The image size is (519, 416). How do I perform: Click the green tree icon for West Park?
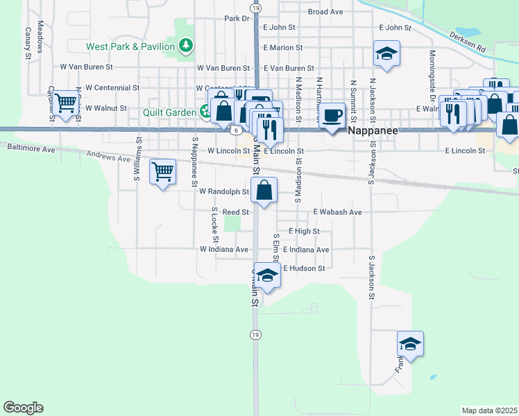(x=185, y=46)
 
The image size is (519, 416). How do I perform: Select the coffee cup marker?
(x=333, y=115)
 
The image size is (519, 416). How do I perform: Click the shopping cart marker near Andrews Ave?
(x=162, y=171)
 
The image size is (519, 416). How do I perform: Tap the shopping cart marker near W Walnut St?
(x=66, y=103)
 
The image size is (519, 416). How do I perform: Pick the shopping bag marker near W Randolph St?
(x=264, y=189)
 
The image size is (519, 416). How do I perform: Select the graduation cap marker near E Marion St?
(x=387, y=53)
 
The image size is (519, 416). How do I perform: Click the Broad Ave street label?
(x=325, y=12)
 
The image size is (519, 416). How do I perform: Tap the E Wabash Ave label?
(x=337, y=211)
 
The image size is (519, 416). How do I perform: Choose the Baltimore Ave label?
(x=31, y=148)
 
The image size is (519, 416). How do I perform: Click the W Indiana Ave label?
(x=224, y=249)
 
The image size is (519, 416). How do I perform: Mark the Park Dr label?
(x=237, y=19)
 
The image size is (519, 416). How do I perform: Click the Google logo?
(x=23, y=408)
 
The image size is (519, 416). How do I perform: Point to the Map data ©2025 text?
(x=489, y=410)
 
